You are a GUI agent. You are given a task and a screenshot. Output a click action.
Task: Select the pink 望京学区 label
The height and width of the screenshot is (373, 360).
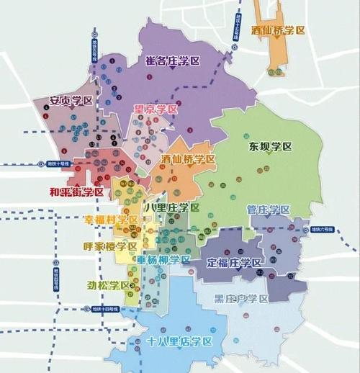156,109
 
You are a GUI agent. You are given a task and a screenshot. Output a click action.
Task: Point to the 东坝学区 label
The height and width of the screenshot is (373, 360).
270,146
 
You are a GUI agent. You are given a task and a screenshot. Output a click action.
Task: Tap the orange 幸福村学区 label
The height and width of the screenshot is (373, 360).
111,219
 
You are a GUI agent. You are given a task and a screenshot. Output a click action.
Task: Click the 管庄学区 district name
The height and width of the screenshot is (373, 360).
267,210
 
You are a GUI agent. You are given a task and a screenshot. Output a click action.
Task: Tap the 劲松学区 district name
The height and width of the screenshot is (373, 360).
109,285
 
